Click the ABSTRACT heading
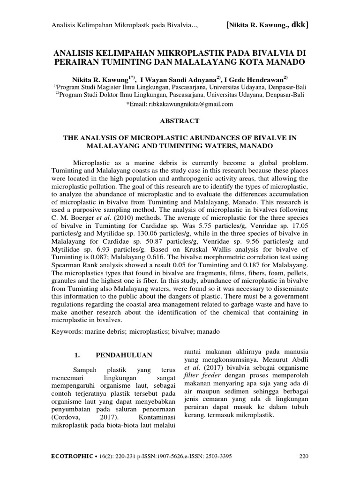(180, 121)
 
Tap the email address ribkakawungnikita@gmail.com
(190, 105)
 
